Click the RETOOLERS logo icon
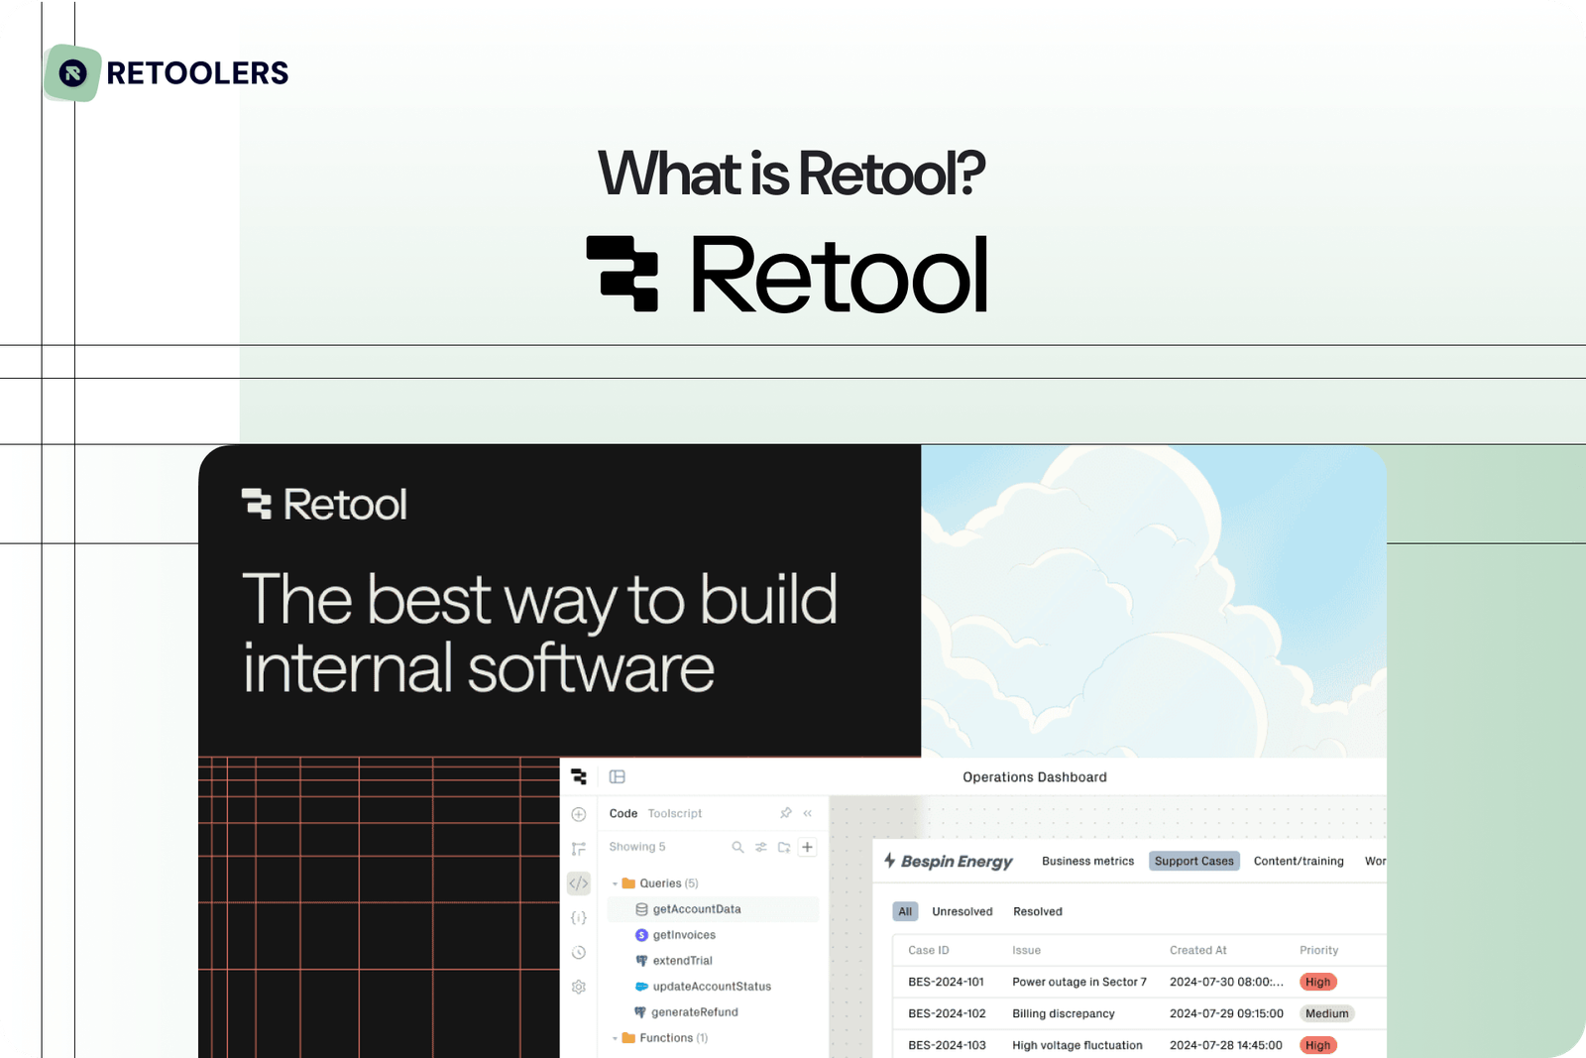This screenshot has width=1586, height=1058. click(72, 73)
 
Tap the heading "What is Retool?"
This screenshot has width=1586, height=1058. click(791, 175)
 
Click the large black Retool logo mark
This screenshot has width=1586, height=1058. click(623, 274)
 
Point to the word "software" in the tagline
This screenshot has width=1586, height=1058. click(591, 668)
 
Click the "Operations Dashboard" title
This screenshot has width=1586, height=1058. click(1034, 777)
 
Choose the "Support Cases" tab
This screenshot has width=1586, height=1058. click(1193, 861)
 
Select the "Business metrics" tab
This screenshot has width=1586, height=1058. click(1087, 861)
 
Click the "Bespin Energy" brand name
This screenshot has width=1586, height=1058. click(956, 862)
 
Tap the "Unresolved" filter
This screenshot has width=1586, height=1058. click(962, 911)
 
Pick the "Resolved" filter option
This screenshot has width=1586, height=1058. click(1037, 911)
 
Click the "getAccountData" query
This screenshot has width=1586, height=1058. click(696, 909)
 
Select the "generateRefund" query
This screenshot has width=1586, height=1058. click(694, 1012)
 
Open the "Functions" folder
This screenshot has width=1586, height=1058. click(665, 1038)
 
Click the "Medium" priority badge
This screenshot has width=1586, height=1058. click(1326, 1013)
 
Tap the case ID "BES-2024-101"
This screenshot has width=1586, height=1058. click(946, 982)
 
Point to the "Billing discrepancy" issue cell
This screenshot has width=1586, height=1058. click(1063, 1013)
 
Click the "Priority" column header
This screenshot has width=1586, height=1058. click(1318, 950)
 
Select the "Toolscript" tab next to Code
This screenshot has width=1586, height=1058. click(674, 813)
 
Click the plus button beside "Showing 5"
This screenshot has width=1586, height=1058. click(808, 847)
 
